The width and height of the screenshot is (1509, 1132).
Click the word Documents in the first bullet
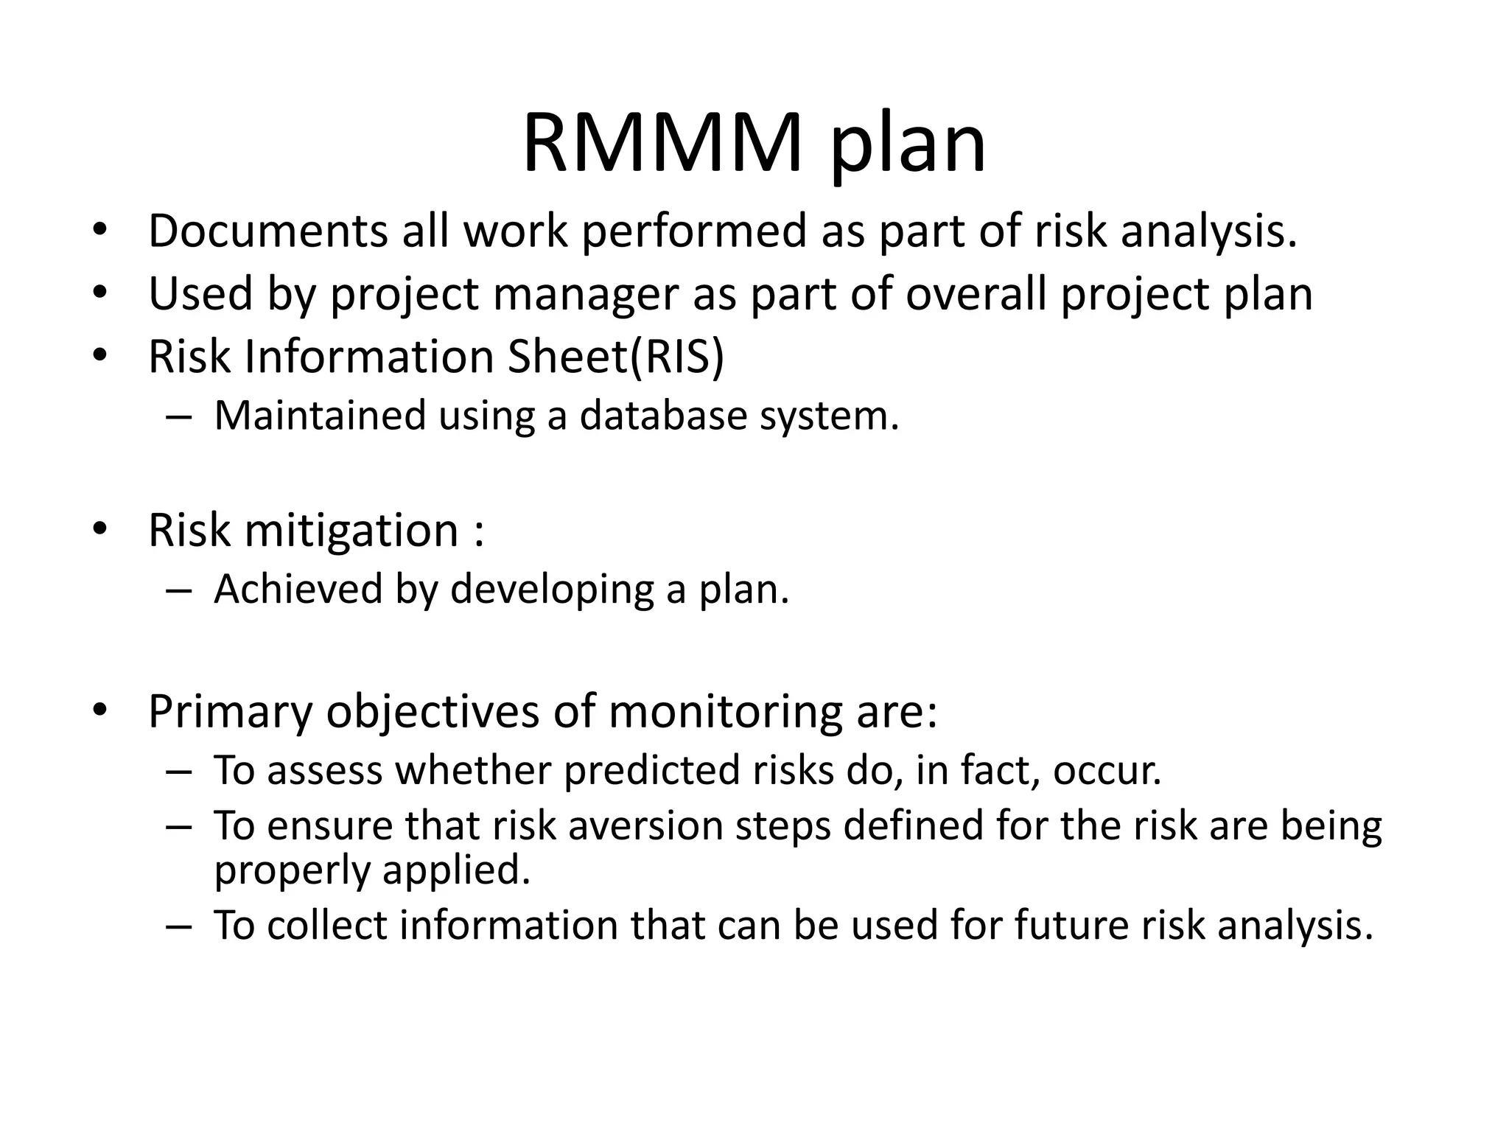pyautogui.click(x=267, y=231)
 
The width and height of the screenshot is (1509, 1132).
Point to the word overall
pyautogui.click(x=976, y=293)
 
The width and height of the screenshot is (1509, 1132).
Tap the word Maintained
pyautogui.click(x=320, y=415)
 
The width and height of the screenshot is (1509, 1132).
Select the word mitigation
pyautogui.click(x=351, y=530)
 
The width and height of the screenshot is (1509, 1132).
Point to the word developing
pyautogui.click(x=551, y=590)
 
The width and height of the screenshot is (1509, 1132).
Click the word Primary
pyautogui.click(x=230, y=712)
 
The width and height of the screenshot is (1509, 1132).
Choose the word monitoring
pyautogui.click(x=725, y=712)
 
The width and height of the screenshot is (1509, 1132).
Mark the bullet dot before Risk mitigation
pyautogui.click(x=100, y=528)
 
